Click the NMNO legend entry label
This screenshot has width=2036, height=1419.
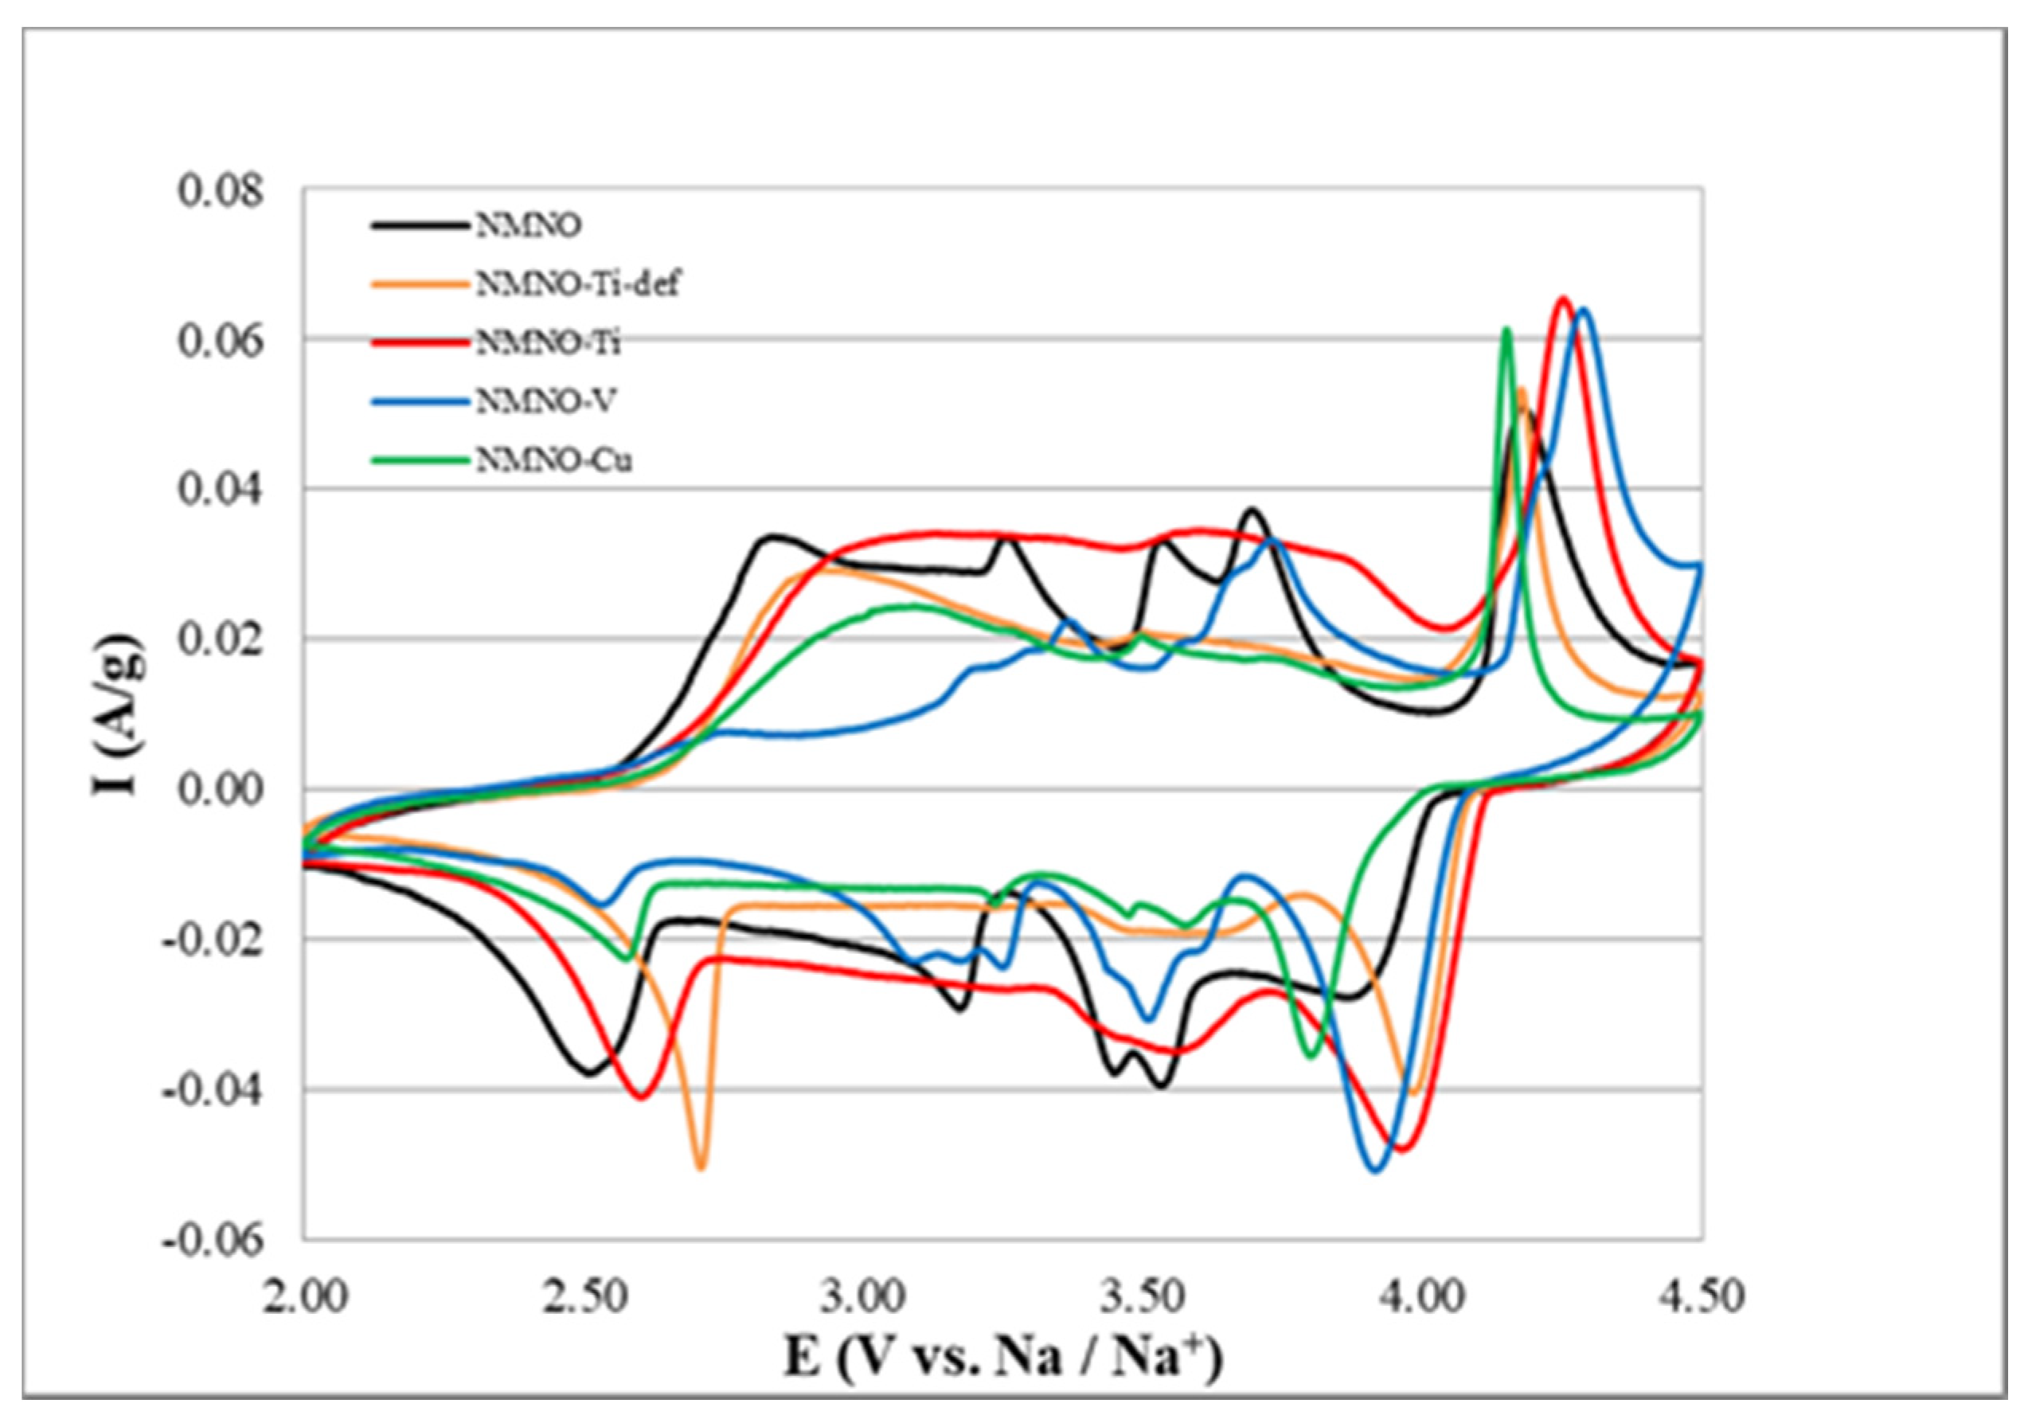[530, 226]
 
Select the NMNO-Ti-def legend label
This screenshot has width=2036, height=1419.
[578, 285]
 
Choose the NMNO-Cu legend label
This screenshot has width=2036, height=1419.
[554, 461]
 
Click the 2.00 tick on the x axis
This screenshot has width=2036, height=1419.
[305, 1296]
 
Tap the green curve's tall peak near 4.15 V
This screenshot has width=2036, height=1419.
[1506, 330]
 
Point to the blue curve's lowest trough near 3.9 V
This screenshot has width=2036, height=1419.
[1375, 1170]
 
